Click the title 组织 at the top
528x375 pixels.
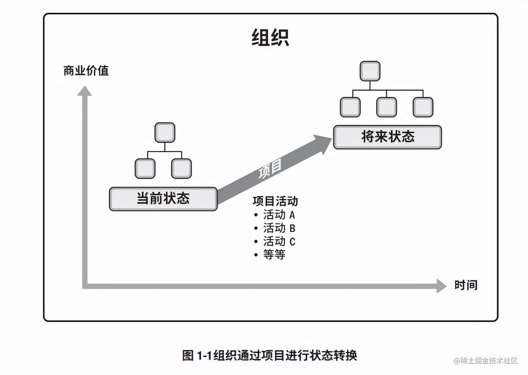tap(270, 38)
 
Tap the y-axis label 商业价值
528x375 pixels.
tap(86, 71)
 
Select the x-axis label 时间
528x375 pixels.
tap(466, 285)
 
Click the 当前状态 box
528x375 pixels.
tap(163, 199)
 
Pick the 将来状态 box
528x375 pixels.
tap(387, 137)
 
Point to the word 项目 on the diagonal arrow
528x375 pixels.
tap(270, 168)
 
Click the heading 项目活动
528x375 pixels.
tap(275, 201)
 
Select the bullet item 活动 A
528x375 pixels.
tap(279, 215)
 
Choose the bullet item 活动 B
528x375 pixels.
tap(279, 228)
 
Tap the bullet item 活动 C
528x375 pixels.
tap(279, 241)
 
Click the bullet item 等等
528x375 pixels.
tap(274, 254)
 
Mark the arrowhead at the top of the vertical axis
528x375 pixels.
tap(85, 91)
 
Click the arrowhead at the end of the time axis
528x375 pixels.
tap(441, 286)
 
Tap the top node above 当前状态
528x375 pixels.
tap(165, 133)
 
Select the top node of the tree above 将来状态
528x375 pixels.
tap(370, 71)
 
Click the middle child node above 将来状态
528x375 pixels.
tap(387, 107)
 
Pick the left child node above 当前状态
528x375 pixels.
tap(145, 168)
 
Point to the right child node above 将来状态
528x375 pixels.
tap(423, 107)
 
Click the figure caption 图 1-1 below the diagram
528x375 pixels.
tap(269, 355)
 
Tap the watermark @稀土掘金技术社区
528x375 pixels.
tap(486, 361)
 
